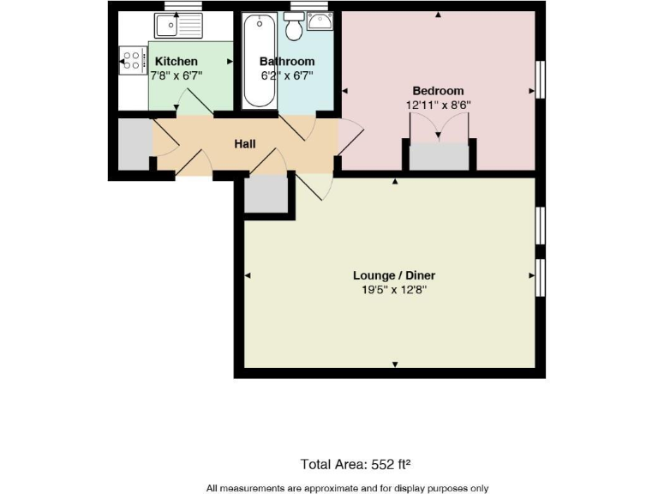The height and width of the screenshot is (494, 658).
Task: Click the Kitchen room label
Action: point(176,62)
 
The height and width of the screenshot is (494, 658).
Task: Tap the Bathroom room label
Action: point(287,62)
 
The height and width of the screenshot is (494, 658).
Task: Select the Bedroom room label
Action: point(438,91)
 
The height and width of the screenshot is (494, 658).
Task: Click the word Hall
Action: point(245,144)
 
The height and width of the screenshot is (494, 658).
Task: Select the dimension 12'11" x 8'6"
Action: point(439,105)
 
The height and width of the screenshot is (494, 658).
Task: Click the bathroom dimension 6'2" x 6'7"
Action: point(287,75)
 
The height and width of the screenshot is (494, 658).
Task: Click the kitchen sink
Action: point(177,27)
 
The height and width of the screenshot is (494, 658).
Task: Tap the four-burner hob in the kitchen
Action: point(132,60)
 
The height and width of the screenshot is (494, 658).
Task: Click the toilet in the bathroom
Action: point(294,28)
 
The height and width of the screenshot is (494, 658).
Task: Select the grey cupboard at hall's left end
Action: point(134,144)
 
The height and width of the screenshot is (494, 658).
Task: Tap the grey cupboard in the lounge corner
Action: point(266,194)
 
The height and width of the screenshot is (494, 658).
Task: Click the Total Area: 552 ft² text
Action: point(356,464)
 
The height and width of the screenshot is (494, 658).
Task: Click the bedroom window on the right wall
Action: point(541,79)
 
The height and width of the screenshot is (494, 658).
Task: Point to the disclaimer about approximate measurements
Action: point(347,487)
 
